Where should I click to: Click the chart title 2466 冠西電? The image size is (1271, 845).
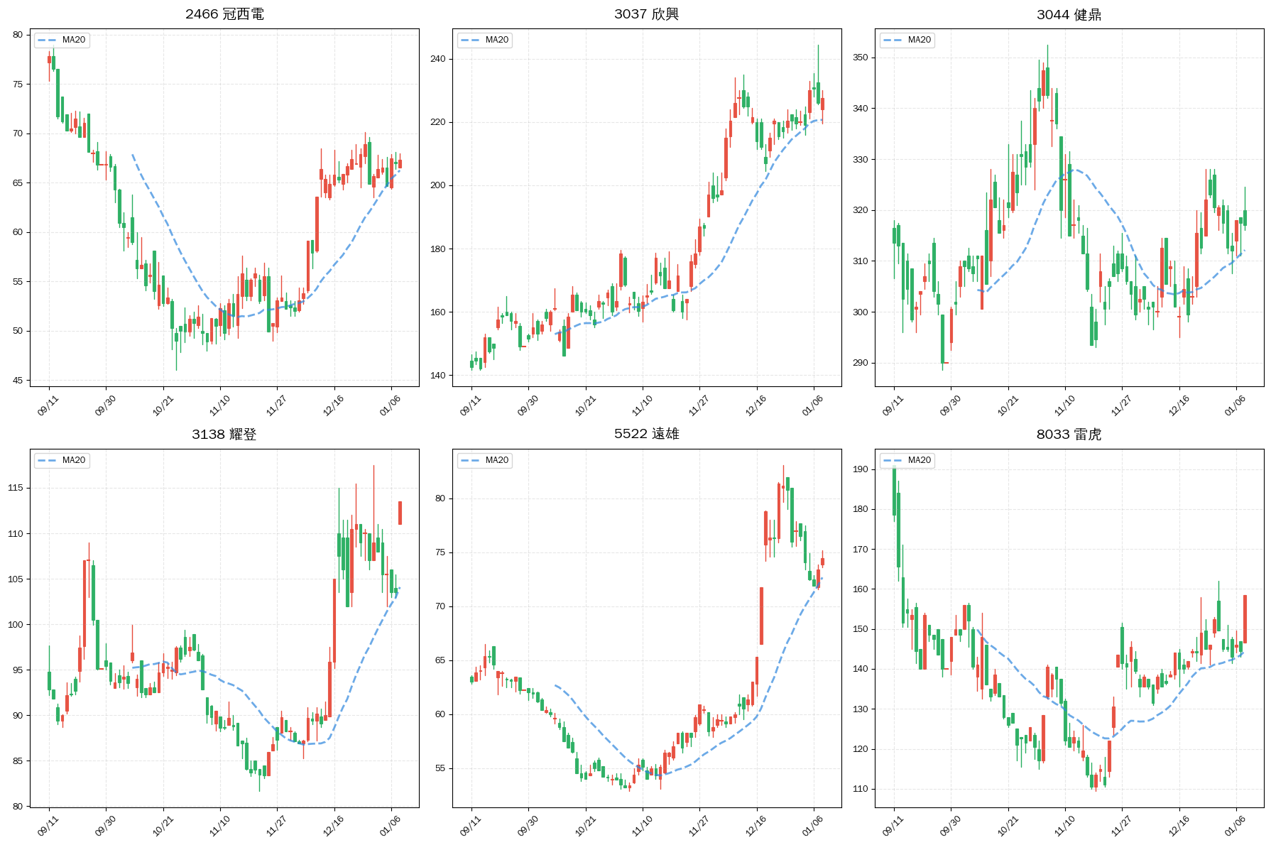click(224, 14)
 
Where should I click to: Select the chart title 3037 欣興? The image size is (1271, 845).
click(646, 14)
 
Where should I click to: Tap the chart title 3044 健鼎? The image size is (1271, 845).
click(1069, 14)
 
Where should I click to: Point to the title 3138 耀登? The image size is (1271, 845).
click(224, 434)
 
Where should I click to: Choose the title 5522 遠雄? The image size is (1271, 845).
click(646, 434)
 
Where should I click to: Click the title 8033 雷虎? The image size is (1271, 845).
click(1069, 434)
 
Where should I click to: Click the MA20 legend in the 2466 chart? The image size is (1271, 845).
click(62, 40)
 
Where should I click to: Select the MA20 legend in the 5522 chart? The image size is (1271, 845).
click(485, 460)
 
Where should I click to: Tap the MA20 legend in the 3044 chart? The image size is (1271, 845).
click(907, 40)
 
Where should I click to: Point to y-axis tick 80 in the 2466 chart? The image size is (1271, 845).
click(18, 35)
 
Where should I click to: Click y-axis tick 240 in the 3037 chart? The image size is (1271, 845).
click(437, 59)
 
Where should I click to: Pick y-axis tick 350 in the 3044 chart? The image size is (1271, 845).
click(860, 58)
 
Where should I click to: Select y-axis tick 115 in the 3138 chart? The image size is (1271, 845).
click(15, 488)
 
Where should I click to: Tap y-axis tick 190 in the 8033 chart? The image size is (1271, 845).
click(860, 469)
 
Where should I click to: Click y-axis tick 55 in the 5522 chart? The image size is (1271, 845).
click(440, 768)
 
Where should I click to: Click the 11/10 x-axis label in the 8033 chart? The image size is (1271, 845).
click(1064, 826)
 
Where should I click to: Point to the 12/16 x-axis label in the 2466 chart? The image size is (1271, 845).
click(333, 405)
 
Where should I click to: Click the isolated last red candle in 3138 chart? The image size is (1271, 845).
click(400, 513)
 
